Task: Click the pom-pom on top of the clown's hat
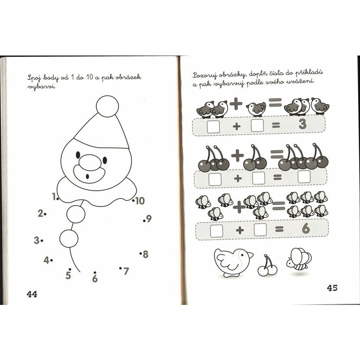[108, 106]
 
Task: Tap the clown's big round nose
[90, 163]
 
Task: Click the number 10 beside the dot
[140, 201]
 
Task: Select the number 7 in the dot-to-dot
[126, 271]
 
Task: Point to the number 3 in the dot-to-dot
[36, 240]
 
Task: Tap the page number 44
[32, 294]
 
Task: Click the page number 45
[332, 288]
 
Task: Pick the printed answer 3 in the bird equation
[303, 124]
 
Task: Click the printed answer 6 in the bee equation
[306, 229]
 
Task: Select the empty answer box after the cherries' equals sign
[304, 177]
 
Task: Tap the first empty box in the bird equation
[213, 127]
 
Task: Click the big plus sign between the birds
[236, 104]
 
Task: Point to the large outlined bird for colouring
[233, 262]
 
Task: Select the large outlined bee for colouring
[299, 259]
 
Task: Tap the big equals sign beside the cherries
[277, 154]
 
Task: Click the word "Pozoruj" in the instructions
[205, 75]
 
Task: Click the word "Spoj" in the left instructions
[34, 79]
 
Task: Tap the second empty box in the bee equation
[260, 229]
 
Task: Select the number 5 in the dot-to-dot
[68, 275]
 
